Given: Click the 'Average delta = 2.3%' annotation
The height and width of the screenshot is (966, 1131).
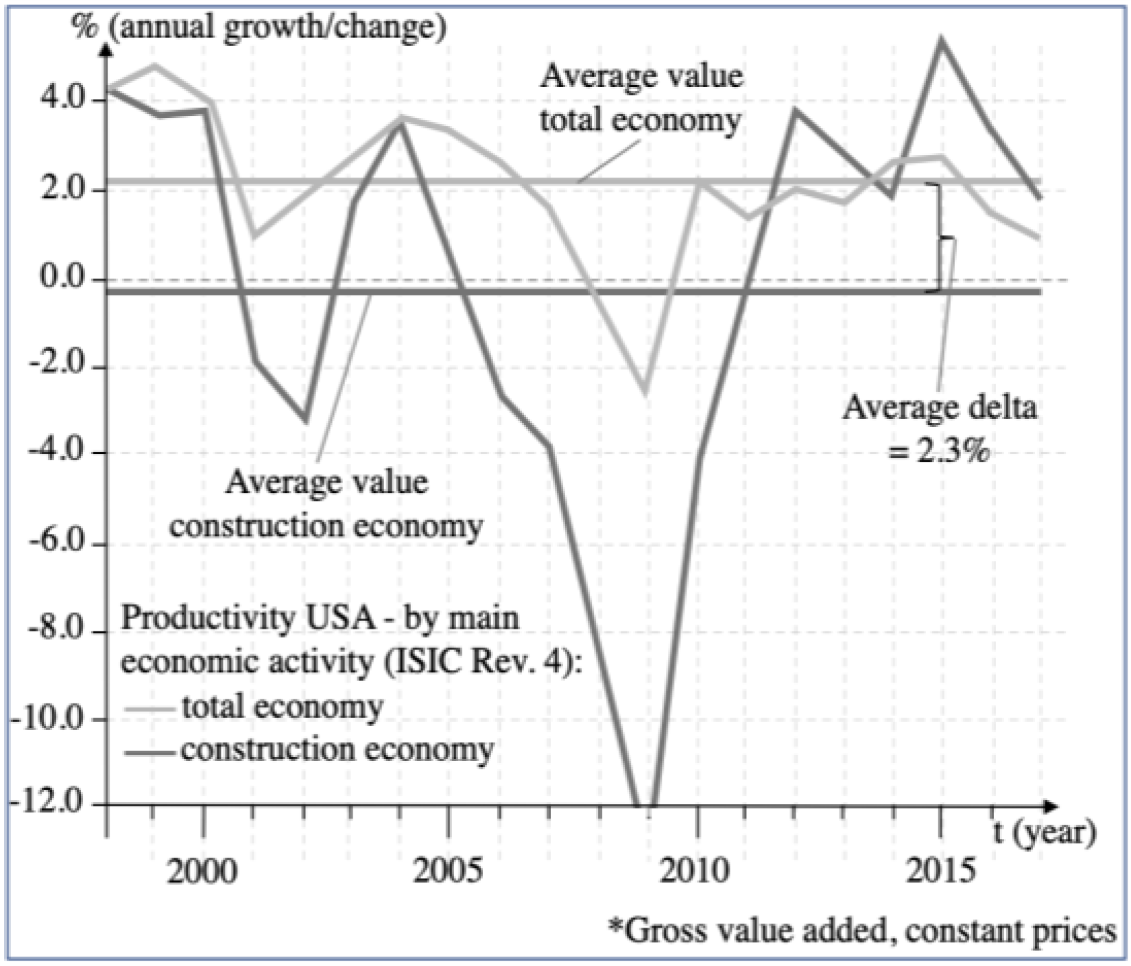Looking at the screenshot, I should point(940,429).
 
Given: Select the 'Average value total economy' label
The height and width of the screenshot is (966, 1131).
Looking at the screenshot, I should point(641,97).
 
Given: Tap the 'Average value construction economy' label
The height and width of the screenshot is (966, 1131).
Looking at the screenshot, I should point(326,504).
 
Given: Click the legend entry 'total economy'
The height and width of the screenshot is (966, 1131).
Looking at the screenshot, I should point(281,707).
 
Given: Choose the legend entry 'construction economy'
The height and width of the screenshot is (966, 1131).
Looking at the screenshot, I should point(336,749).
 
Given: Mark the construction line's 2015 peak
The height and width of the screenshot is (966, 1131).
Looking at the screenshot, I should point(941,40).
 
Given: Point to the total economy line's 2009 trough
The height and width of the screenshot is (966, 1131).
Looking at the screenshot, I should point(645,394).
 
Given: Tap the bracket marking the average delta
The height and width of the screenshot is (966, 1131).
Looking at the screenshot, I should point(944,238).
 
